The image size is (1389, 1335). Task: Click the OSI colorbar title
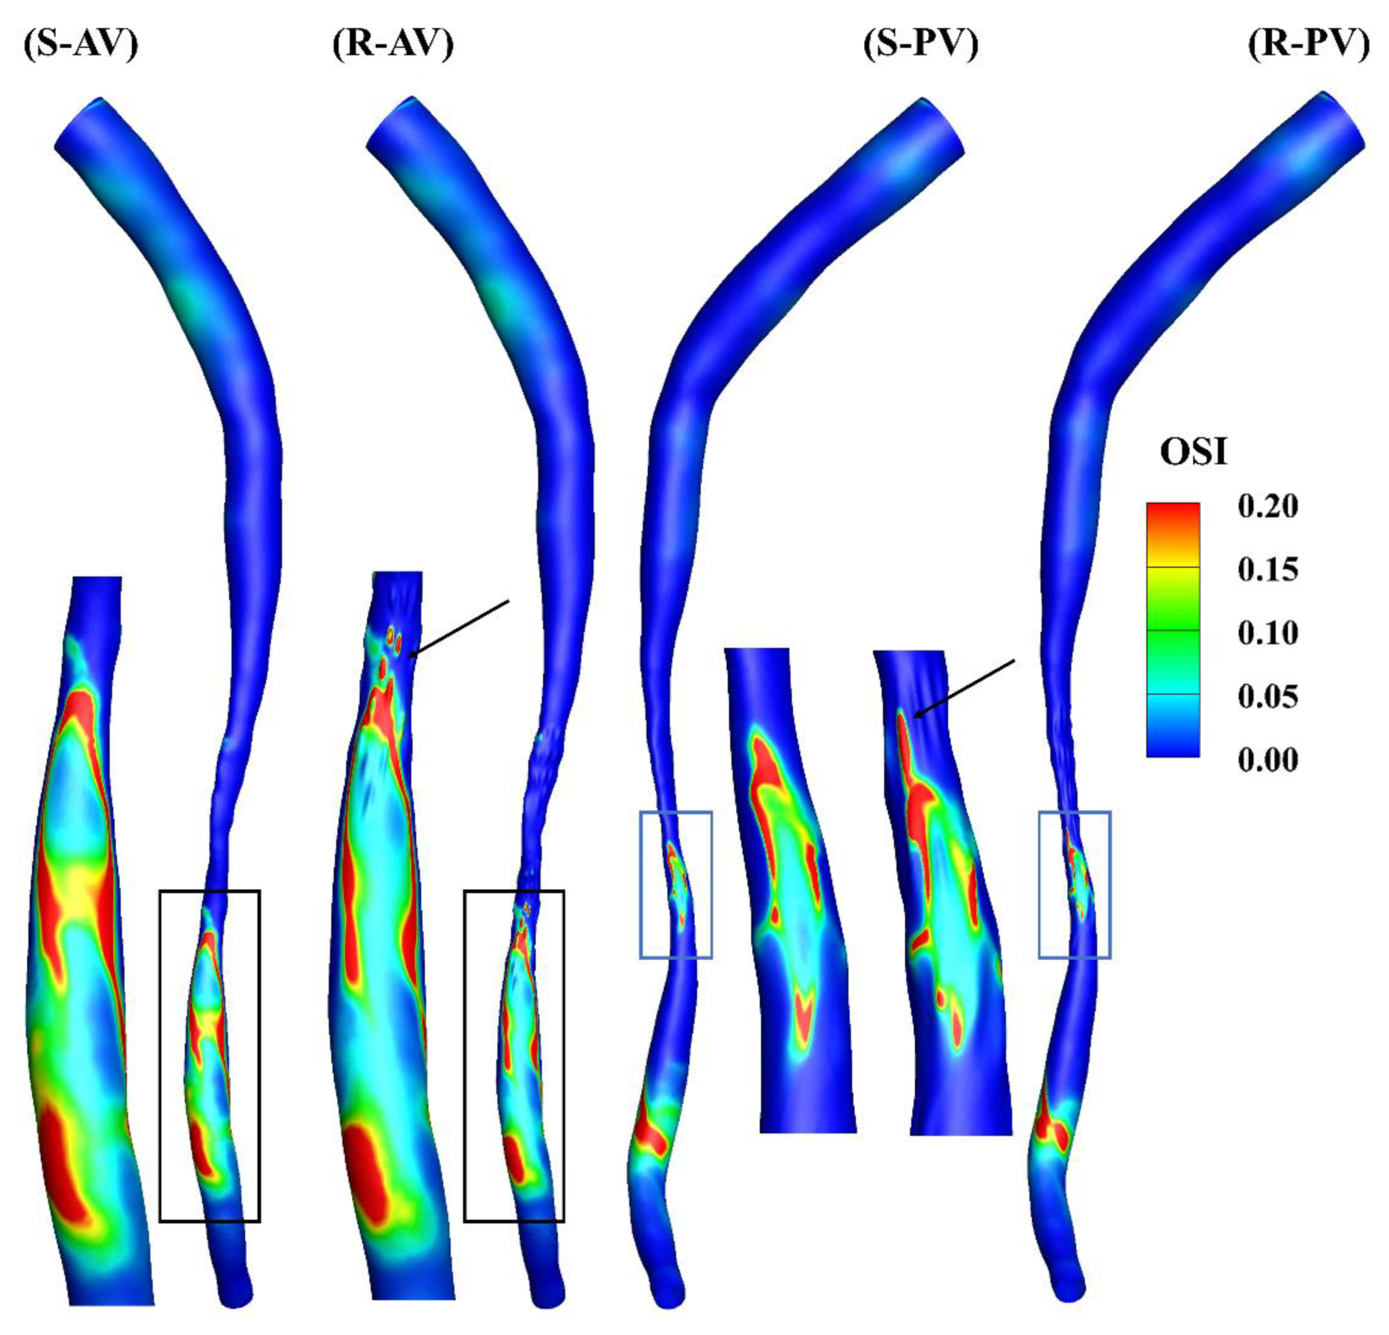pos(1194,452)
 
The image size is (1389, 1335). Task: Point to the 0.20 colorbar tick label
pos(1268,507)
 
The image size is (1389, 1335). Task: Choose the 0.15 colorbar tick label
pos(1268,569)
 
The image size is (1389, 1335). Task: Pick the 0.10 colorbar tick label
pos(1268,633)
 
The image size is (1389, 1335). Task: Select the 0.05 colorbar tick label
pos(1268,696)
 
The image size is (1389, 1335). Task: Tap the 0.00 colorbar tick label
pos(1268,759)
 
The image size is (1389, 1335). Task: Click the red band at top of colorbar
pos(1173,521)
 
